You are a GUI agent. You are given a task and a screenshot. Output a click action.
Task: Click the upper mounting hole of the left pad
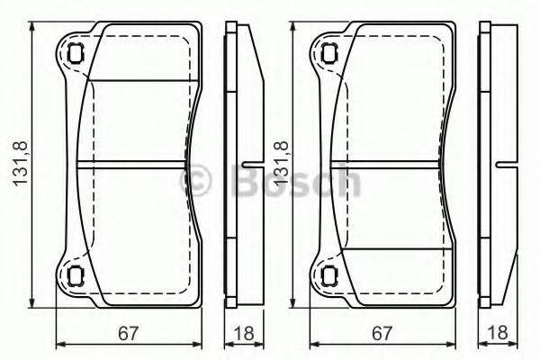[76, 52]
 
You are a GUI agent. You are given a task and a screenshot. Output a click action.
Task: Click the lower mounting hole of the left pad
[76, 275]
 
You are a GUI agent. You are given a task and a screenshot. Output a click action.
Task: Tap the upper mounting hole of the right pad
[330, 52]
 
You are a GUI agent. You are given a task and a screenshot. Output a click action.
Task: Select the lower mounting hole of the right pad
[330, 275]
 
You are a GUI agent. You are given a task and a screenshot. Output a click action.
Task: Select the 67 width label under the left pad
[129, 333]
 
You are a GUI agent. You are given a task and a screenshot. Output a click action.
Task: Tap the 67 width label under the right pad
[382, 333]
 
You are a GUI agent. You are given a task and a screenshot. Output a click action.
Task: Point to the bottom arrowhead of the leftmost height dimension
[33, 302]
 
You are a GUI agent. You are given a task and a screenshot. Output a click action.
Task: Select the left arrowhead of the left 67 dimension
[59, 343]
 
